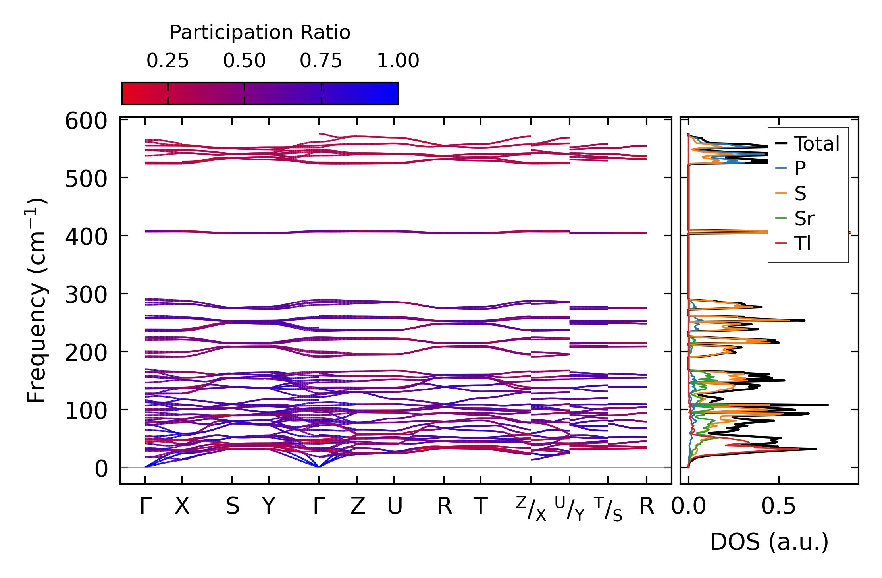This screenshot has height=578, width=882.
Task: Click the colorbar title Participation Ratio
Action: tap(260, 33)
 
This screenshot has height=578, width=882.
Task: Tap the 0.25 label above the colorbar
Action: tap(168, 61)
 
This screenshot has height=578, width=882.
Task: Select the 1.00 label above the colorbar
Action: tap(398, 61)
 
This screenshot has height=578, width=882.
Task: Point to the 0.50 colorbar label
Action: tap(244, 61)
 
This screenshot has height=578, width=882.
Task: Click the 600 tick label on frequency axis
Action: tap(86, 121)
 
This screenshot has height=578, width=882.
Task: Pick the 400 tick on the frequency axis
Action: tap(86, 237)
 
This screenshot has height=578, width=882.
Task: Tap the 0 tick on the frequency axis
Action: tap(101, 469)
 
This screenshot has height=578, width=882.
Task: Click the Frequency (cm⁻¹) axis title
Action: tap(37, 300)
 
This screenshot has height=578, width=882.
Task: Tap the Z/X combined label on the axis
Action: tap(531, 508)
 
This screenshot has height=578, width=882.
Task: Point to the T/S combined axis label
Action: tap(608, 508)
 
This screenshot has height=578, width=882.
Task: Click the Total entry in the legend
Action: tap(817, 144)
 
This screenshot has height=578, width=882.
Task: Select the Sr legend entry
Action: tap(804, 218)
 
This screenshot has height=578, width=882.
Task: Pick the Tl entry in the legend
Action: tap(803, 244)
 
